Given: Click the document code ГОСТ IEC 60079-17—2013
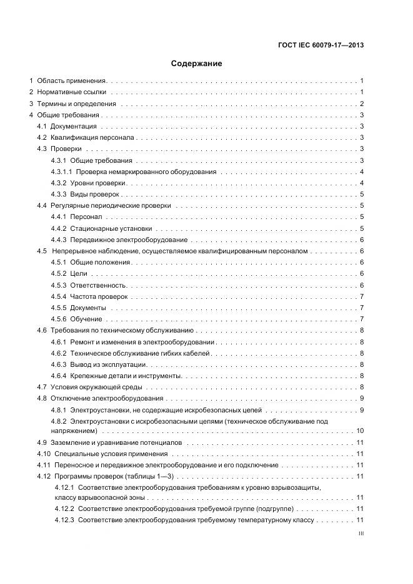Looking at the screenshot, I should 320,45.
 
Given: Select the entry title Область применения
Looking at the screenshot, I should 71,81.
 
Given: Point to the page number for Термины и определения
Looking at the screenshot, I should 362,104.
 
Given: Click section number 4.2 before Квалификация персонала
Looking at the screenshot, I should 42,137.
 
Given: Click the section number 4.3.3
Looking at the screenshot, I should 59,194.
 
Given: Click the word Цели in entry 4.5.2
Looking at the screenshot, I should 79,273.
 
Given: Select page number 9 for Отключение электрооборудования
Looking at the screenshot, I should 362,398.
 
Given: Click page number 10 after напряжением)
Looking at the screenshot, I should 360,431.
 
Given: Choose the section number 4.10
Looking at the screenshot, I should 43,454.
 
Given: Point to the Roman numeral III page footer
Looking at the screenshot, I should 361,534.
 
